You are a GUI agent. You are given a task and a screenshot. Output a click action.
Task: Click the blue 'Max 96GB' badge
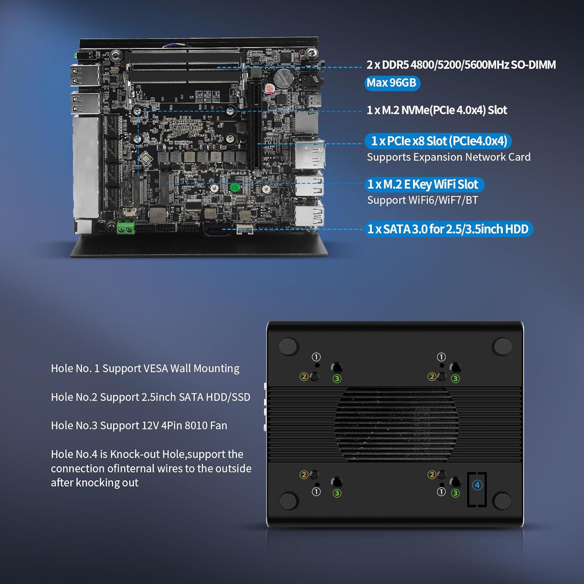[x=392, y=83]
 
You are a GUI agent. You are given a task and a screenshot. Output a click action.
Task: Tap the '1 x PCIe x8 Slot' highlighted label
[x=438, y=141]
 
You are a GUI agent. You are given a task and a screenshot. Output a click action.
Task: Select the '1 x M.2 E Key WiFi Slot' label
[x=424, y=184]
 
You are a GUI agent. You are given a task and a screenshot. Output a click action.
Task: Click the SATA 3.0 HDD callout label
[x=449, y=229]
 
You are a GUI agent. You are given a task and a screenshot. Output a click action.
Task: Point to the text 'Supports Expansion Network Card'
[x=449, y=157]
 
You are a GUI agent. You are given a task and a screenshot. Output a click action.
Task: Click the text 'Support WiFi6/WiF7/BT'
[x=423, y=200]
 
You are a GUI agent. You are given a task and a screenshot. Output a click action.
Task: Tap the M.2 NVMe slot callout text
[x=437, y=110]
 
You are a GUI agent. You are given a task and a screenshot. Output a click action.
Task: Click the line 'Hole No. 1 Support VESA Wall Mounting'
[x=145, y=369]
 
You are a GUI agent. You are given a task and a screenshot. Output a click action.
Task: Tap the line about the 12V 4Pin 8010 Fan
[x=139, y=426]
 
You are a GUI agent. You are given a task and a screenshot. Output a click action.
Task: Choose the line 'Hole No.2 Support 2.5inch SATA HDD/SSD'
[x=151, y=397]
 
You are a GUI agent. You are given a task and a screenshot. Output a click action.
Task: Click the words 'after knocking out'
[x=95, y=483]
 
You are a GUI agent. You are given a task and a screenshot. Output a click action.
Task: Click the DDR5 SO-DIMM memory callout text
[x=461, y=65]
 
